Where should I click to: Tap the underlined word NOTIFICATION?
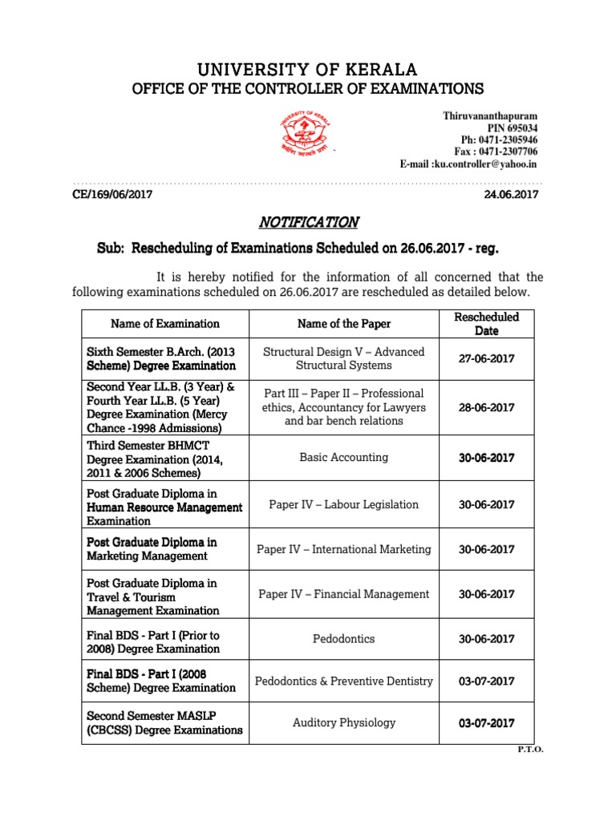(x=307, y=222)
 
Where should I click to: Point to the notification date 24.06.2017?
(x=512, y=194)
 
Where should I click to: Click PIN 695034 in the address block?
(x=513, y=127)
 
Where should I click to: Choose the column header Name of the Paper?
(x=343, y=324)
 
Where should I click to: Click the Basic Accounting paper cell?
(x=343, y=457)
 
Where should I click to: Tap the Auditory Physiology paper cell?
(x=343, y=722)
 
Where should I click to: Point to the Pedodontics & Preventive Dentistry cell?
(x=343, y=681)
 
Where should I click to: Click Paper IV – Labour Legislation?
(x=343, y=504)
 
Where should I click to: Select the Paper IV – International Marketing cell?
(x=343, y=549)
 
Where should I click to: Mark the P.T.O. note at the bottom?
(x=529, y=749)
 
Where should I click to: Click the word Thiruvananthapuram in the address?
(x=490, y=115)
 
